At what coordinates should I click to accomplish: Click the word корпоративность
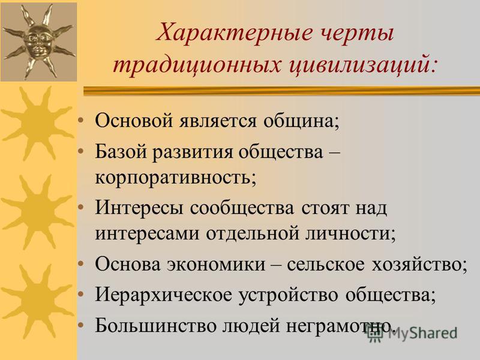(175, 178)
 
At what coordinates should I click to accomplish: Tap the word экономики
(216, 264)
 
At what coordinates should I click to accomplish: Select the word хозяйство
(419, 264)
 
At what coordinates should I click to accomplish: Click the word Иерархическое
(164, 295)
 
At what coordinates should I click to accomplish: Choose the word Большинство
(155, 325)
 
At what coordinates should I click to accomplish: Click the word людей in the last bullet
(250, 326)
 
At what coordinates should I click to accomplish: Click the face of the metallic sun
(38, 41)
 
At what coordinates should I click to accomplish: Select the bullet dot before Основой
(81, 121)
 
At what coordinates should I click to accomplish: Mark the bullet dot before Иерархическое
(81, 295)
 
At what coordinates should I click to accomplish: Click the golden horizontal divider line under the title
(281, 91)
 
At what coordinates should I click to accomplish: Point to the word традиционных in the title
(197, 65)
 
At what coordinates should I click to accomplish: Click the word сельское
(326, 264)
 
